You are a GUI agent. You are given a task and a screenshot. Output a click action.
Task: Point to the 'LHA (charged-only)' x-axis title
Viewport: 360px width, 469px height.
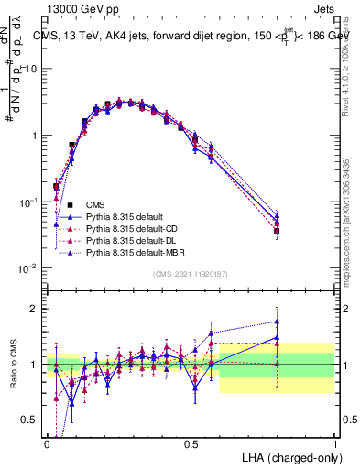(x=291, y=456)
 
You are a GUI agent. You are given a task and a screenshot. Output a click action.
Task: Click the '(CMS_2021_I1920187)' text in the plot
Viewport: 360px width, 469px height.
(x=191, y=273)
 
